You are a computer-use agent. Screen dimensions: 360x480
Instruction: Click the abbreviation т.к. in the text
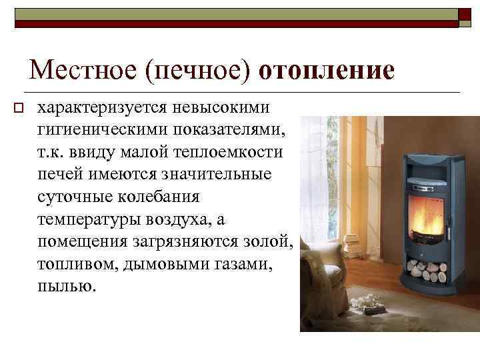[51, 153]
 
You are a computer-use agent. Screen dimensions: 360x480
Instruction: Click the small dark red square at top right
[467, 17]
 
